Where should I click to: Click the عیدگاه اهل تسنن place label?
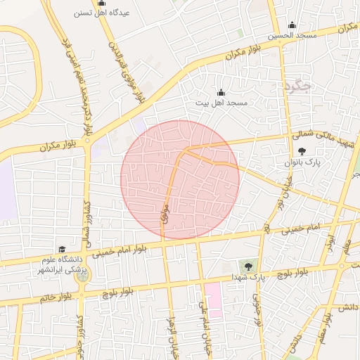click(x=101, y=13)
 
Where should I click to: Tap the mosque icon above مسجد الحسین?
click(x=292, y=24)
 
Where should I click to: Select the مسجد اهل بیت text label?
click(x=221, y=103)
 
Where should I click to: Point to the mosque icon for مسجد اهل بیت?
click(x=221, y=92)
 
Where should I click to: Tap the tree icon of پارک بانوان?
click(x=302, y=151)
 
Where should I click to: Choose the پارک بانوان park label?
click(x=302, y=162)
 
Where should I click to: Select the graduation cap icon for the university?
click(x=62, y=250)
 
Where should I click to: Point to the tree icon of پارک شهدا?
click(x=247, y=266)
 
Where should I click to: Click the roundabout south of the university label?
click(x=84, y=276)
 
